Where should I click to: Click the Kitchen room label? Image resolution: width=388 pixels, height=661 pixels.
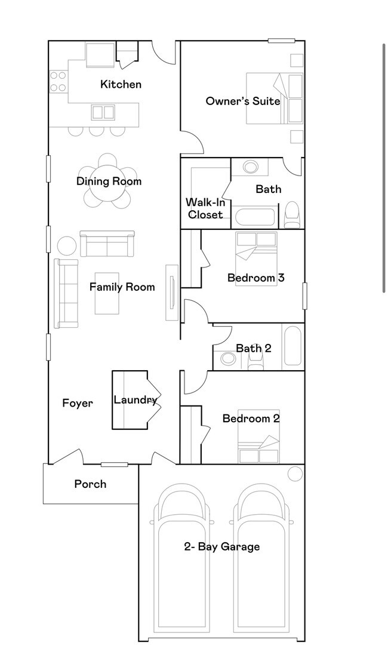point(121,84)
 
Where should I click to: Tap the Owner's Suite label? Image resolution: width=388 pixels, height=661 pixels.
point(243,101)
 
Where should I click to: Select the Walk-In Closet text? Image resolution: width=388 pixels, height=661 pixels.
point(205,208)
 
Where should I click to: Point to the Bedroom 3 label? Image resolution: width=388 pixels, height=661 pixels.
point(255,278)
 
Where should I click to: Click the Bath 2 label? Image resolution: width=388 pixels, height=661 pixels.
point(254,348)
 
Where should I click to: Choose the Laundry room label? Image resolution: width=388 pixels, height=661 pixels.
point(136,400)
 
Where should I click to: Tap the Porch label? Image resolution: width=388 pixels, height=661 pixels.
point(90,484)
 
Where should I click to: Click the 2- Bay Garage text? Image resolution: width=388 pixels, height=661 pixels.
point(222,547)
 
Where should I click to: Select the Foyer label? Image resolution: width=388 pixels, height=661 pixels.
point(78,404)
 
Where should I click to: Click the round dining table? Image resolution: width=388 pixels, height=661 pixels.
point(108,182)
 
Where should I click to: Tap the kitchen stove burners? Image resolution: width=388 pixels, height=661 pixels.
point(58,82)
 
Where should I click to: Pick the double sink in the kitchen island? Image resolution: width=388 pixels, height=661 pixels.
point(103,112)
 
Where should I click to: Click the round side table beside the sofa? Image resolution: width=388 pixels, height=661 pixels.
point(67,246)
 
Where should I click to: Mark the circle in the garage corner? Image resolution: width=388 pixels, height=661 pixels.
point(295,474)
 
